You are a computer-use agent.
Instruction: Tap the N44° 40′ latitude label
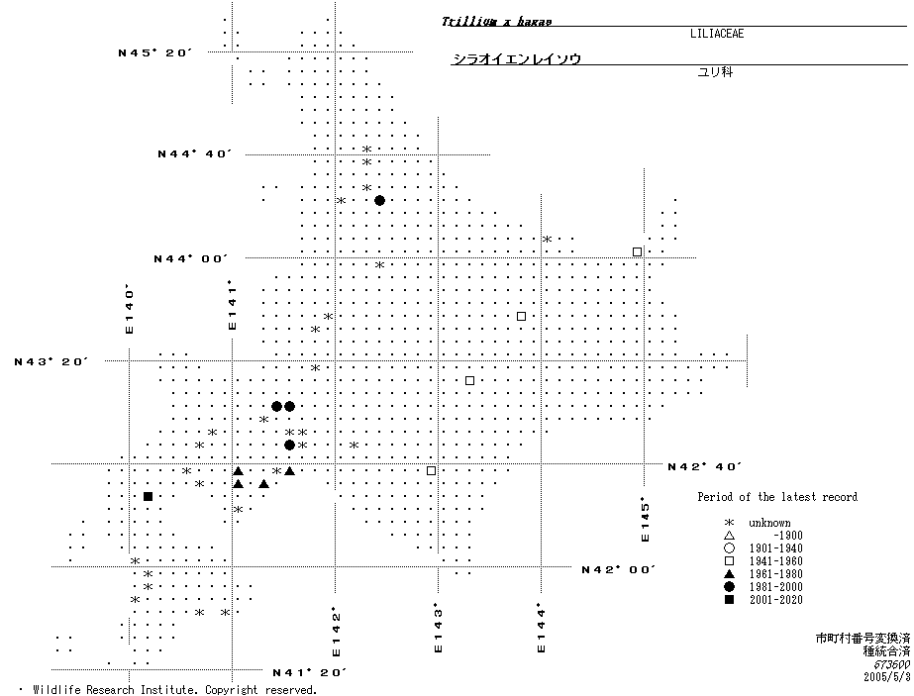point(194,153)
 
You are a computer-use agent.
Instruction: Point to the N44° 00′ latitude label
point(191,258)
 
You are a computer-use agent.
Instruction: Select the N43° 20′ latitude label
point(51,361)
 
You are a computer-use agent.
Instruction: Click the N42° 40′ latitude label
point(705,465)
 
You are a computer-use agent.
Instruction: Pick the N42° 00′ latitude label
point(619,569)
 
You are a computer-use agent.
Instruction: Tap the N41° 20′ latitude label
point(309,672)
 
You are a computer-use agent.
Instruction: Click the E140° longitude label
point(129,309)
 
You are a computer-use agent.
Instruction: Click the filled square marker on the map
point(148,496)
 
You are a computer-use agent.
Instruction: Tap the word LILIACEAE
point(717,34)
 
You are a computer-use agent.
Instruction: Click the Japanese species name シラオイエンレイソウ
point(516,59)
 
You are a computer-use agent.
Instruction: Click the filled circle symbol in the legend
point(729,587)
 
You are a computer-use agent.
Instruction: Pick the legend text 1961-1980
point(777,574)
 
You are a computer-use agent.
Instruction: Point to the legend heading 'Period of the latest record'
point(777,497)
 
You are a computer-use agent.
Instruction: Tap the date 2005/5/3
point(886,678)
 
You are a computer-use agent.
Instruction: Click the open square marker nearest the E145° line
point(637,251)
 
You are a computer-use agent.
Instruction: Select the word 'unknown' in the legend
point(769,523)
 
